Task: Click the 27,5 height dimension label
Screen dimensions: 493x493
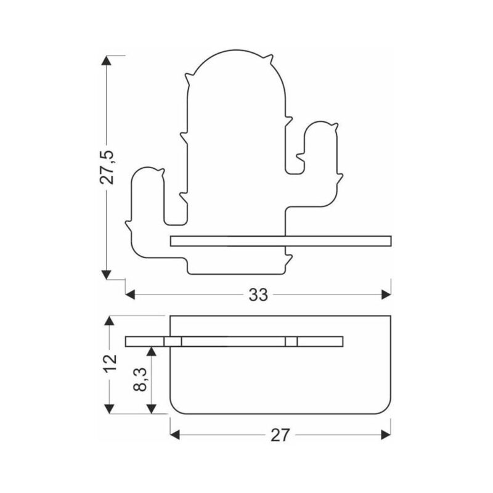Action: (x=107, y=167)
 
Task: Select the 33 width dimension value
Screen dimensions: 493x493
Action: (x=258, y=295)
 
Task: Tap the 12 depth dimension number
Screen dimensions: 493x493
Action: (x=110, y=363)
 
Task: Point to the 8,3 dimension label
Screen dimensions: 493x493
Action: (x=140, y=380)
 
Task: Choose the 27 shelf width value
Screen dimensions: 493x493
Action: (x=280, y=435)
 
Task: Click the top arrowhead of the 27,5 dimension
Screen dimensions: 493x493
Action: (x=106, y=60)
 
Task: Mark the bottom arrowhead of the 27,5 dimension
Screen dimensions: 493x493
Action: (x=106, y=274)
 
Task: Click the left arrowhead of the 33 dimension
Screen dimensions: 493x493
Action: (x=130, y=295)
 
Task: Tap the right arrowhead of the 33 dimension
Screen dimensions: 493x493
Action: (x=386, y=295)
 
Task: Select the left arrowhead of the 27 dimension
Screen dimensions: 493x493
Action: (x=175, y=435)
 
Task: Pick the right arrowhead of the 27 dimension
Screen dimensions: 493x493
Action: (x=386, y=435)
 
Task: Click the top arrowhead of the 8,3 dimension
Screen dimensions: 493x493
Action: (x=152, y=351)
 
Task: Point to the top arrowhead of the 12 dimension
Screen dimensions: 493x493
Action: (x=109, y=320)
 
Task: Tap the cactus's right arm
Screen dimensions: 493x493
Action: (x=317, y=163)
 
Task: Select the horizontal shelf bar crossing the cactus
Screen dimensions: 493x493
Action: (x=281, y=241)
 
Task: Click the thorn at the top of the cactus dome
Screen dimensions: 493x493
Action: (x=268, y=59)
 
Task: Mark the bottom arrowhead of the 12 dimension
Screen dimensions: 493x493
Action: (x=109, y=409)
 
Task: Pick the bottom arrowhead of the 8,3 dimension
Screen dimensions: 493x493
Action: (x=152, y=409)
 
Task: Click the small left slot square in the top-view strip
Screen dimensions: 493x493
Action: (x=173, y=341)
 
